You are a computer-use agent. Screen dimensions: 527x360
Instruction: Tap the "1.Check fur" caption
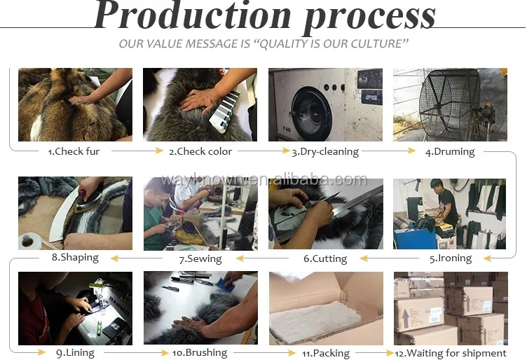[x=74, y=151]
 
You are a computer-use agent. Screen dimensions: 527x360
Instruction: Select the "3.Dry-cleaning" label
[x=325, y=152]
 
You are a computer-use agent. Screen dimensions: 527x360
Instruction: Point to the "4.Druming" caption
[x=450, y=152]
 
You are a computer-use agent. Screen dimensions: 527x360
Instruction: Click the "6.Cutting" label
[x=325, y=258]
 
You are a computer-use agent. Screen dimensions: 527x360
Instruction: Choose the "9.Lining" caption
[x=75, y=352]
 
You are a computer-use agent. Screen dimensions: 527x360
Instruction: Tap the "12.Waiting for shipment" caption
[x=451, y=353]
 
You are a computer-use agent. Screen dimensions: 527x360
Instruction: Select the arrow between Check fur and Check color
[x=137, y=151]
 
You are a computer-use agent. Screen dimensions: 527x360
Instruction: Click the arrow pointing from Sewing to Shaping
[x=137, y=258]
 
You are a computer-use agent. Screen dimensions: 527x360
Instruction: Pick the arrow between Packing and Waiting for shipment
[x=375, y=353]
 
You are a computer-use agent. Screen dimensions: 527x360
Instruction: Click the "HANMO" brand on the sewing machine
[x=118, y=304]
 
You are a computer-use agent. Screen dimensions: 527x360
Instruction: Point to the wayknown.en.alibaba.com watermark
[x=263, y=180]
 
